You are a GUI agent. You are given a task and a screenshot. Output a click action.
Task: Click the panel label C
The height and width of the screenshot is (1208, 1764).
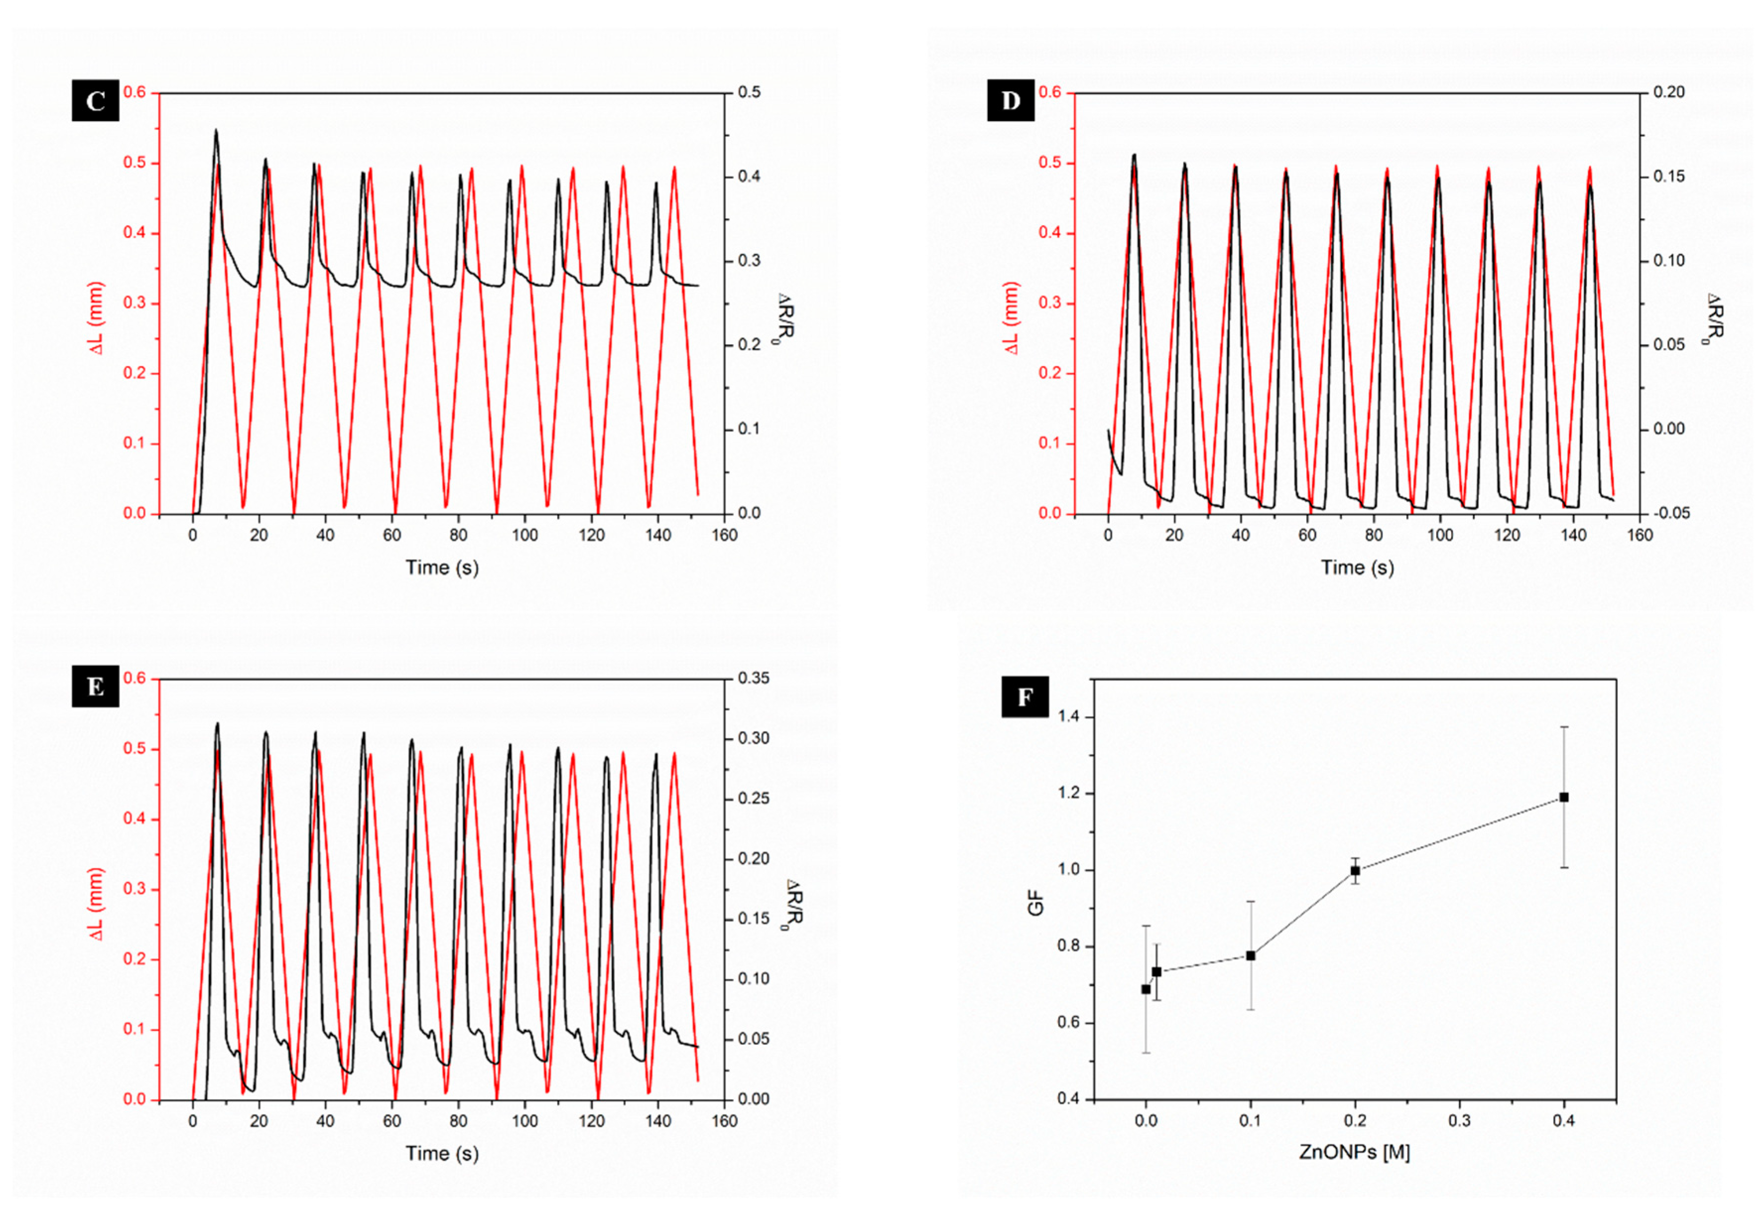click(96, 100)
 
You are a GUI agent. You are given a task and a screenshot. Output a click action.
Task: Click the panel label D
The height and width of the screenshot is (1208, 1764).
click(1010, 100)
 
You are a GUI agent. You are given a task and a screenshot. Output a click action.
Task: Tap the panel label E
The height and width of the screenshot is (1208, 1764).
click(96, 687)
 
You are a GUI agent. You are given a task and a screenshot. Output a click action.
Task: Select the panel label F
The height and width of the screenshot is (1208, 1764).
click(1025, 697)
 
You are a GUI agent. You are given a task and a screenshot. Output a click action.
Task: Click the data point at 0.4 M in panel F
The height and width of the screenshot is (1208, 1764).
click(1564, 797)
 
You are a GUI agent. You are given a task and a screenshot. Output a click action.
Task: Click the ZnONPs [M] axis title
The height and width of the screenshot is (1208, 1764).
click(1354, 1152)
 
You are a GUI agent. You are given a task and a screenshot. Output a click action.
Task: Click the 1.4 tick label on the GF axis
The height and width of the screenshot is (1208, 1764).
click(1071, 717)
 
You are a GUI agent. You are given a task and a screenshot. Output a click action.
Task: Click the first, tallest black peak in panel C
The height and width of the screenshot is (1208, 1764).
click(216, 131)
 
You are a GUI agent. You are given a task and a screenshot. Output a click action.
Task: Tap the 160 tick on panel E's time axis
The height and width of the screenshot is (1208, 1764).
click(724, 1121)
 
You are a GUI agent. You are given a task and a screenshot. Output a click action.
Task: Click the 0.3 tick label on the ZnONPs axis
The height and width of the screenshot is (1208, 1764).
click(1459, 1121)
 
